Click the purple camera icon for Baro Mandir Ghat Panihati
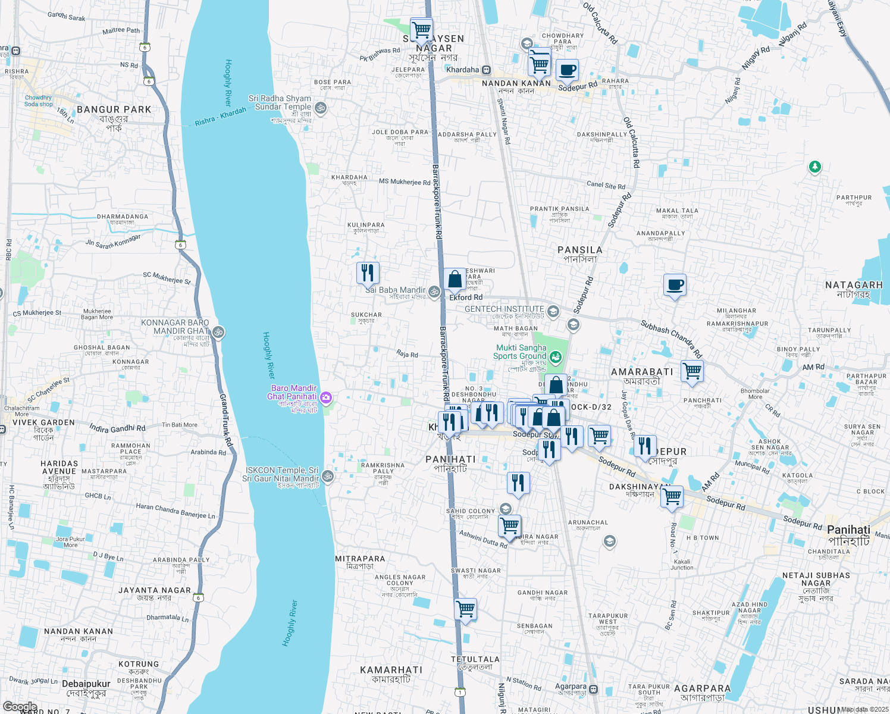(326, 397)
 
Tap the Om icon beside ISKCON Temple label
(328, 476)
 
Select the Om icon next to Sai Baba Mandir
(434, 291)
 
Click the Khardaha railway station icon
(486, 70)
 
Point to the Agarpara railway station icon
(593, 690)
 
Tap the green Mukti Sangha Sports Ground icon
(555, 357)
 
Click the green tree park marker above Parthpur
(815, 167)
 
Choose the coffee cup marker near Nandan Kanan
(567, 70)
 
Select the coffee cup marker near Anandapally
(675, 285)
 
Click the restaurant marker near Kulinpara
(368, 273)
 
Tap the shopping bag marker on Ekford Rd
(455, 279)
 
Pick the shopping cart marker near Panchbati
(692, 371)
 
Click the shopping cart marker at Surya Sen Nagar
(421, 28)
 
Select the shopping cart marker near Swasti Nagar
(465, 609)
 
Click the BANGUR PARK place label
(114, 109)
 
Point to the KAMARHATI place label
(391, 670)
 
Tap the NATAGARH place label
(853, 285)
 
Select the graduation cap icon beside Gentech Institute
(553, 311)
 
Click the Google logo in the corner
(20, 707)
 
